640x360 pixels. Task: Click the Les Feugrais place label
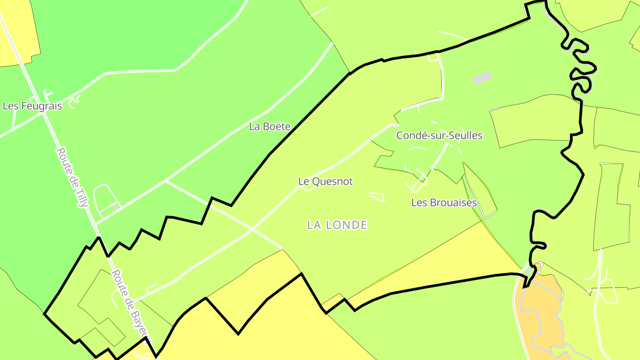pyautogui.click(x=32, y=106)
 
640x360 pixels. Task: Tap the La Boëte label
pyautogui.click(x=270, y=127)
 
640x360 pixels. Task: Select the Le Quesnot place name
pyautogui.click(x=325, y=181)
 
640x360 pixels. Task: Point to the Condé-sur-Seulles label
pyautogui.click(x=439, y=136)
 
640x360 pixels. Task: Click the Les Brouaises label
pyautogui.click(x=444, y=203)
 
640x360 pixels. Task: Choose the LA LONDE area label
pyautogui.click(x=337, y=225)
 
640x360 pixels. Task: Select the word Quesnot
pyautogui.click(x=332, y=181)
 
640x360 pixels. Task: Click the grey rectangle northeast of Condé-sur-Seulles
pyautogui.click(x=482, y=78)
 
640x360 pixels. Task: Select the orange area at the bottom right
pyautogui.click(x=540, y=311)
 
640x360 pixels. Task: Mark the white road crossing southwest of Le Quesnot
pyautogui.click(x=252, y=229)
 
